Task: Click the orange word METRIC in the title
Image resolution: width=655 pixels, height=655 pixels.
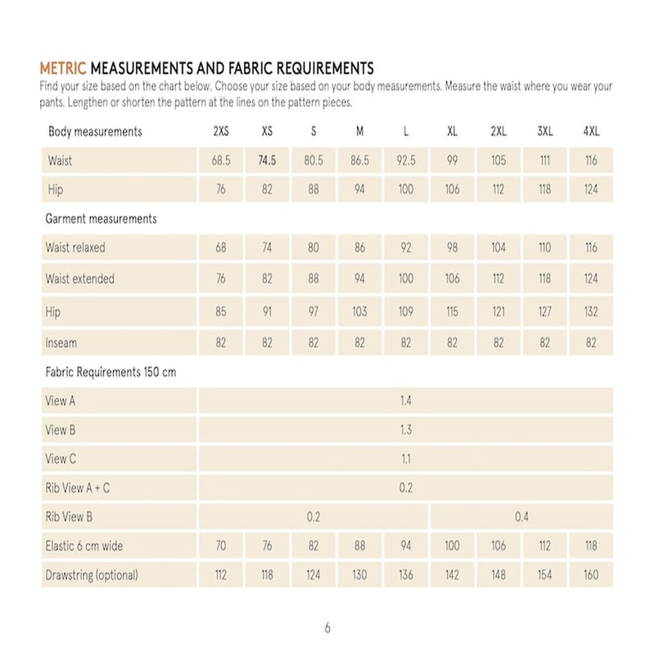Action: click(62, 67)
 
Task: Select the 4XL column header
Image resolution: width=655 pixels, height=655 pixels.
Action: click(591, 132)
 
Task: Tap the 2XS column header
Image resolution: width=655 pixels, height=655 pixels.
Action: click(221, 132)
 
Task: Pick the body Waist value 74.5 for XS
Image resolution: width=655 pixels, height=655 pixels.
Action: click(267, 161)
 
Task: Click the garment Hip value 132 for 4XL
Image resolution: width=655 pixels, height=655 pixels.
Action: click(591, 312)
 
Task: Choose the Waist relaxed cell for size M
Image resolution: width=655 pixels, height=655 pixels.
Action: click(359, 247)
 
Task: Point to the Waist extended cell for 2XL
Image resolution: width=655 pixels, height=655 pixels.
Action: click(499, 279)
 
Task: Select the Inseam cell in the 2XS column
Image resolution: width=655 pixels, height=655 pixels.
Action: click(221, 343)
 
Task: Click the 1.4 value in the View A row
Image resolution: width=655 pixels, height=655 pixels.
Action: click(405, 401)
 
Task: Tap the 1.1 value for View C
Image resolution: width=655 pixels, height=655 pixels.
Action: click(405, 459)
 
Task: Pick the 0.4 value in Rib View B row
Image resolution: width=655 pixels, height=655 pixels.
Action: click(522, 517)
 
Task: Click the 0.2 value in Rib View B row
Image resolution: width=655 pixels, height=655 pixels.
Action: click(313, 517)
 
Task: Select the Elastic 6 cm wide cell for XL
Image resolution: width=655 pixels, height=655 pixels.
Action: click(452, 546)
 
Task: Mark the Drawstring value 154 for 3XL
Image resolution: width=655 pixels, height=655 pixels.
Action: click(545, 575)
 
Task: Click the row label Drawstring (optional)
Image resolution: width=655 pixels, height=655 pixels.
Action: click(92, 575)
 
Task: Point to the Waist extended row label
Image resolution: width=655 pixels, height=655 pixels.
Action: click(80, 279)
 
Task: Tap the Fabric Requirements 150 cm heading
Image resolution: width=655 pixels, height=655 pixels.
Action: click(111, 373)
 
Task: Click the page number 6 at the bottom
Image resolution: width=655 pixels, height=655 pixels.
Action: click(327, 628)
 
